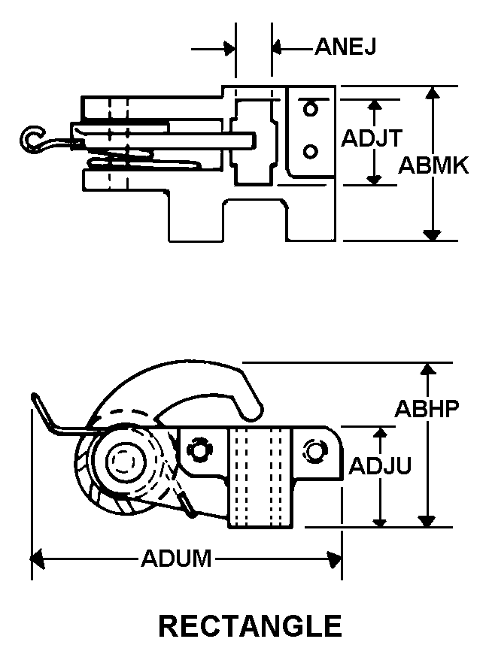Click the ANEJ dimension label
pos(345,47)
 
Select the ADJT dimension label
pos(372,138)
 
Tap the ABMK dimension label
pos(433,165)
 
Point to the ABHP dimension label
pos(427,409)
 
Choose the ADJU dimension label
pos(380,466)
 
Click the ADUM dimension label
pos(176,559)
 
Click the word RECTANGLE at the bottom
pos(251,626)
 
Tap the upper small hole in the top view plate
pos(310,109)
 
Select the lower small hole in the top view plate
pos(310,150)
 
